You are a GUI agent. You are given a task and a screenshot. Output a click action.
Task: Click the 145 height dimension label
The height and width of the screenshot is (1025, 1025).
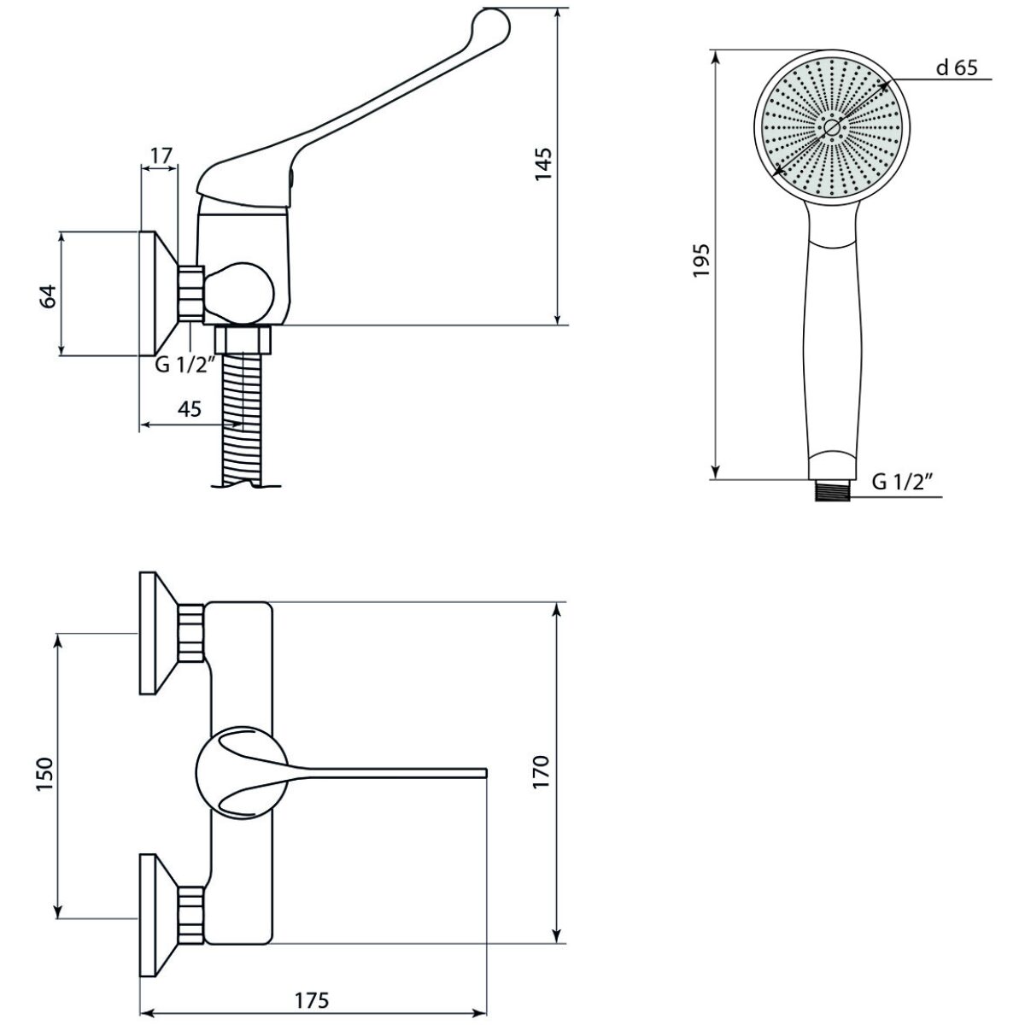point(543,164)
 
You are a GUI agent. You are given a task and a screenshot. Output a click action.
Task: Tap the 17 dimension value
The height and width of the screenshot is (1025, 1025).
point(161,155)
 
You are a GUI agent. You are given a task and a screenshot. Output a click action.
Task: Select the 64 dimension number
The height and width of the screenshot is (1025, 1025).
point(49,296)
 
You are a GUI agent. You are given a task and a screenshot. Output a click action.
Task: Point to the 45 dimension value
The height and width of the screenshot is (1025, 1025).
point(190,408)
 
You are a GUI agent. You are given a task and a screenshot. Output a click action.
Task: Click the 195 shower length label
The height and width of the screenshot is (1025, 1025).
point(700,261)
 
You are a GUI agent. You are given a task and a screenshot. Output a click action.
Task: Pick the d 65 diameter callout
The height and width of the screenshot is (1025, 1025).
point(957,67)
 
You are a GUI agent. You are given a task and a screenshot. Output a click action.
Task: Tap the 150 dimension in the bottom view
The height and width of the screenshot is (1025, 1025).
point(45,774)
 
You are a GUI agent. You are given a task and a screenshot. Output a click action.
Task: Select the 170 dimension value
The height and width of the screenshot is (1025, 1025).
point(542,771)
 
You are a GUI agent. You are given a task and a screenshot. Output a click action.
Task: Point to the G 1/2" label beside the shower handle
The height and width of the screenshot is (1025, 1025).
point(902,482)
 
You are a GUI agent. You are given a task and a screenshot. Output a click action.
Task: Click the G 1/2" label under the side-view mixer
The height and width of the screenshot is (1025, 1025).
point(185,365)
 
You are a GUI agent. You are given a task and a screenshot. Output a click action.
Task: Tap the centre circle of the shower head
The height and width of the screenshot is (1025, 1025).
point(831,126)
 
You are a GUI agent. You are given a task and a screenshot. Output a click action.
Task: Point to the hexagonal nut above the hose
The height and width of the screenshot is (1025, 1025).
point(243,339)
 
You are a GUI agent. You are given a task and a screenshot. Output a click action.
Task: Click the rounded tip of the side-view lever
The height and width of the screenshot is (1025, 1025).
point(491,22)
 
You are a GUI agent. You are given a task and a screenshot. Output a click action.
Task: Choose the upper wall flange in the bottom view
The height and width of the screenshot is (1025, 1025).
point(172,633)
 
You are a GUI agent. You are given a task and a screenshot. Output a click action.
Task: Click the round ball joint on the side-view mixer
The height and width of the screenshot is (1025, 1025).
point(239,293)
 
